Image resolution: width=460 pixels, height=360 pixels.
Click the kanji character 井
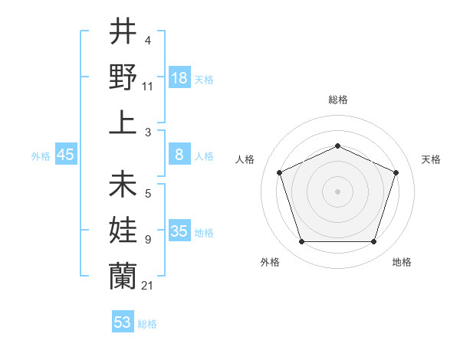123,32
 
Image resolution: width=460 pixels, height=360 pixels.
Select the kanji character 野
123,77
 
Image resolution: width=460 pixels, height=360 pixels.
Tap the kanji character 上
123,122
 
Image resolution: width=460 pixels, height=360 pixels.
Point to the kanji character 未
123,186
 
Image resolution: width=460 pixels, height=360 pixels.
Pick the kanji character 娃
123,231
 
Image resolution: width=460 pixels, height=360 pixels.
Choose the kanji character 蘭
123,277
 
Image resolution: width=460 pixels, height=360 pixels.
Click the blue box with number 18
179,77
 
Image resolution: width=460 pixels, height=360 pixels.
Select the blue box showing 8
179,155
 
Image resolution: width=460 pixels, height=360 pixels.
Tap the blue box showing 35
179,231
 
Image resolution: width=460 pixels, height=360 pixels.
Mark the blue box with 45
66,155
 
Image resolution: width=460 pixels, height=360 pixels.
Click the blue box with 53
123,322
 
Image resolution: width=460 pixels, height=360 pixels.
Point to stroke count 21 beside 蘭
147,286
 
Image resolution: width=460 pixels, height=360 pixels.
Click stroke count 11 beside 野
147,86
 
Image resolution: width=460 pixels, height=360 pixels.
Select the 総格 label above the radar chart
338,100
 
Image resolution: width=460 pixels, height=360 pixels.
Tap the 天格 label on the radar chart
431,159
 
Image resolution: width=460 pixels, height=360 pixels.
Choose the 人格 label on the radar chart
245,159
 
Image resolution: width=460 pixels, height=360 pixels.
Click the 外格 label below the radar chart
270,262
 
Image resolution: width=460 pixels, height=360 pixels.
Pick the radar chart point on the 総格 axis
338,145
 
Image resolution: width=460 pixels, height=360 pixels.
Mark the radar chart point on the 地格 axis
374,242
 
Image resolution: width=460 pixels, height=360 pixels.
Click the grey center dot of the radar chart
338,191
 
